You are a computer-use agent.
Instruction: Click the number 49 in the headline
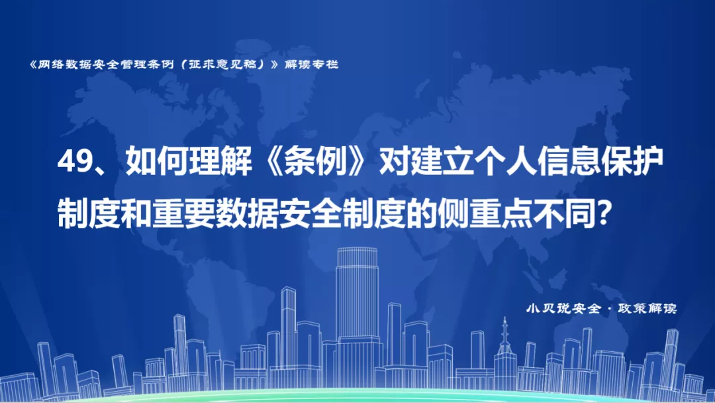[x=75, y=162]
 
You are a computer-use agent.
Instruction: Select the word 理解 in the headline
[x=220, y=162]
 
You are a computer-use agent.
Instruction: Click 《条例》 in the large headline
[x=315, y=162]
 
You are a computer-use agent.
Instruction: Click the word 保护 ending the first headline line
[x=632, y=162]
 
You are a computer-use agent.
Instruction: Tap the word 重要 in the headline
[x=183, y=213]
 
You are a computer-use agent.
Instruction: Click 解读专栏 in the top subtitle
[x=311, y=64]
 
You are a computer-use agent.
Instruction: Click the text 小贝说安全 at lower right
[x=563, y=308]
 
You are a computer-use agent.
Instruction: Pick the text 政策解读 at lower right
[x=647, y=308]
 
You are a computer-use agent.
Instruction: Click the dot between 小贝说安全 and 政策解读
[x=610, y=309]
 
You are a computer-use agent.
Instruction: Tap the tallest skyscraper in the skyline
[x=357, y=315]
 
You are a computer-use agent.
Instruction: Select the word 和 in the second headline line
[x=136, y=213]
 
